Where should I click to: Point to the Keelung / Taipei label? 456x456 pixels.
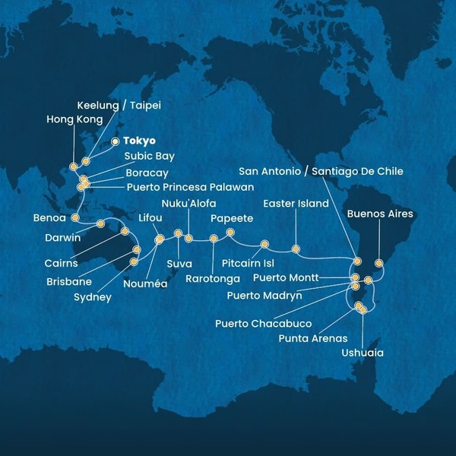pyautogui.click(x=120, y=105)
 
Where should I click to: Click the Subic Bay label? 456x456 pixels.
pyautogui.click(x=150, y=157)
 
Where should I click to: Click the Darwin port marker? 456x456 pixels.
pyautogui.click(x=101, y=223)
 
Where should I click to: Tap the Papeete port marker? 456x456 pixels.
pyautogui.click(x=230, y=233)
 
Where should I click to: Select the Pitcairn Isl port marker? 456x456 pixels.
pyautogui.click(x=264, y=244)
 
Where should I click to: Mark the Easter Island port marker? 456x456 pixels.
pyautogui.click(x=296, y=249)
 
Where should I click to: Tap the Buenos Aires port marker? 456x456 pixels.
pyautogui.click(x=379, y=263)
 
